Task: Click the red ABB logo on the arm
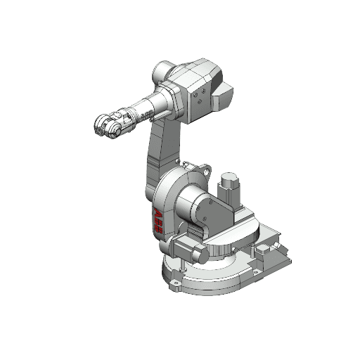(158, 221)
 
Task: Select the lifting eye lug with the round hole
(206, 169)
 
